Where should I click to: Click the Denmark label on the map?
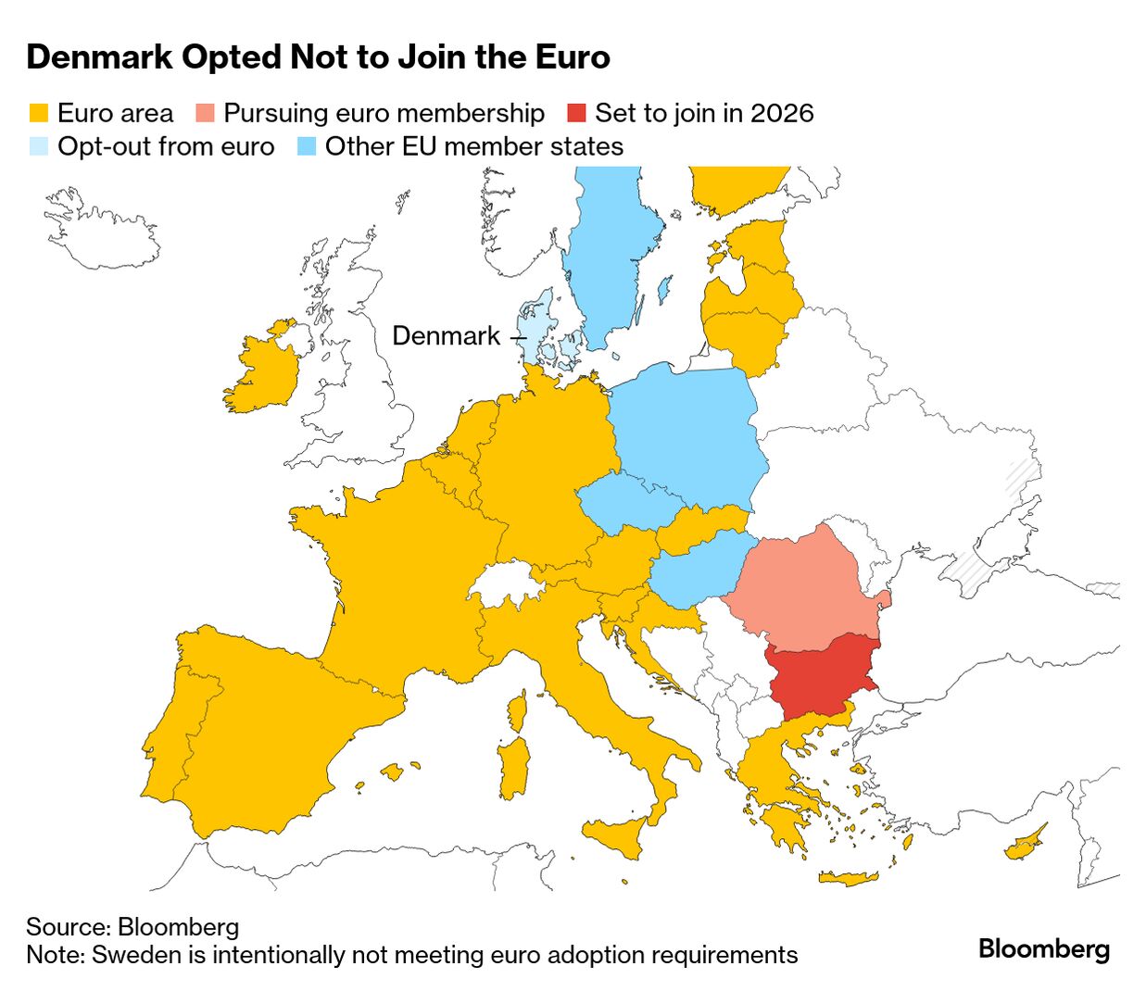[x=446, y=335]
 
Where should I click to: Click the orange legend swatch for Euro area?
[x=38, y=114]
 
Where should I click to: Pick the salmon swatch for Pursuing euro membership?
[x=205, y=114]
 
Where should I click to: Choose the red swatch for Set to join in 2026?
[x=576, y=114]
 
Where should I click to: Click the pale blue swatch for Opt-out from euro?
[x=38, y=147]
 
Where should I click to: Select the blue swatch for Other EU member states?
[x=307, y=147]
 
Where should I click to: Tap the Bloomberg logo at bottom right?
[x=1043, y=949]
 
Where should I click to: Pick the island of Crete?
[x=848, y=878]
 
